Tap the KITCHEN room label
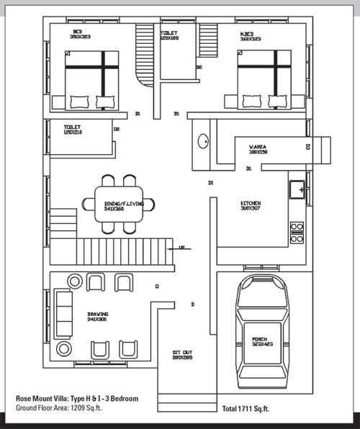click(250, 205)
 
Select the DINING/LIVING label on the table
click(123, 205)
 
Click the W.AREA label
click(258, 149)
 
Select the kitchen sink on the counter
click(297, 189)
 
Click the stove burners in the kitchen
click(297, 232)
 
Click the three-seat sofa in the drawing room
click(64, 314)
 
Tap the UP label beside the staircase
click(181, 248)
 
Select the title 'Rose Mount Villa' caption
click(76, 398)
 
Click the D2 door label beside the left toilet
click(116, 130)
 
